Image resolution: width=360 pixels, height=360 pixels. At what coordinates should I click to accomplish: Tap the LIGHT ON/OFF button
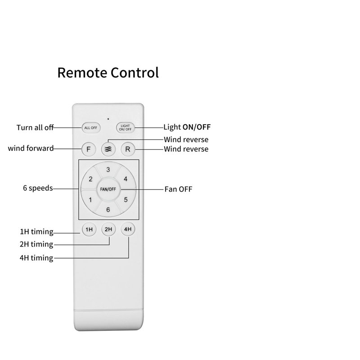click(x=125, y=128)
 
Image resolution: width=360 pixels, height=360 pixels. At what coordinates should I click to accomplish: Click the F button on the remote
click(x=88, y=149)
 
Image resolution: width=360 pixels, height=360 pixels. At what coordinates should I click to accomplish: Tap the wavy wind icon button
click(x=108, y=149)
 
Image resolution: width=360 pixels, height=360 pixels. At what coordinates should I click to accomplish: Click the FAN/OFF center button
click(x=108, y=189)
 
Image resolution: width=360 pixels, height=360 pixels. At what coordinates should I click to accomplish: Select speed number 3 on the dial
click(x=108, y=170)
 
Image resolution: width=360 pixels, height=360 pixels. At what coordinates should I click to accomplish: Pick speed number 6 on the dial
click(x=108, y=210)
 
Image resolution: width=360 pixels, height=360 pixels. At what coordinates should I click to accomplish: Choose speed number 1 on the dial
click(x=90, y=200)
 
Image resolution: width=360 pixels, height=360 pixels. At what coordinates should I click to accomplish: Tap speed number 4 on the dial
click(x=126, y=179)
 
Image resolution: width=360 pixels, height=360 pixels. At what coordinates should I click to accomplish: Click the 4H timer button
click(x=128, y=229)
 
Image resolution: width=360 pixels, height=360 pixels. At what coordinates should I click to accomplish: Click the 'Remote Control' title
click(x=108, y=72)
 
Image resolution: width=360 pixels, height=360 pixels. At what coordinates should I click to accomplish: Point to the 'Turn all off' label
click(x=35, y=127)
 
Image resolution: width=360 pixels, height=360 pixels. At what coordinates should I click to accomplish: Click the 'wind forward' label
click(x=31, y=148)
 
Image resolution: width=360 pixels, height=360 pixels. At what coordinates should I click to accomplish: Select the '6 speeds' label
click(x=38, y=188)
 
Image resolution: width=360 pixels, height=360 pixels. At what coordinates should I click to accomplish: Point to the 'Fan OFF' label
click(x=178, y=189)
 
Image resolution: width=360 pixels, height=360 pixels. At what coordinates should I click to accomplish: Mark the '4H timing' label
click(x=36, y=258)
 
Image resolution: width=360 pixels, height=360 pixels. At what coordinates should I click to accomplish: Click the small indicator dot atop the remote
click(x=108, y=119)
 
